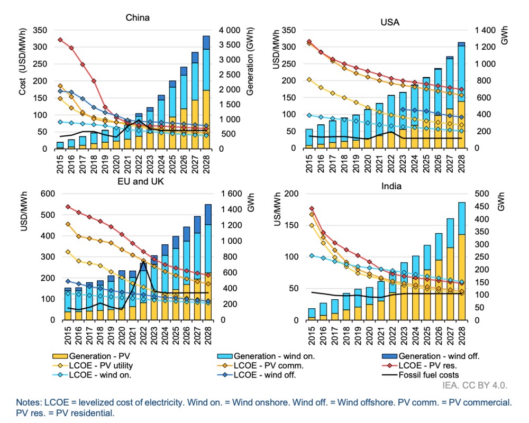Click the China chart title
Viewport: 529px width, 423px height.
(137, 18)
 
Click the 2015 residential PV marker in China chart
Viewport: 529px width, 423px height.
(60, 40)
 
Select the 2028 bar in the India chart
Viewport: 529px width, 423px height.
(462, 261)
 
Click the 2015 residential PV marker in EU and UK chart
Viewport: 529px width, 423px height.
(68, 206)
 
